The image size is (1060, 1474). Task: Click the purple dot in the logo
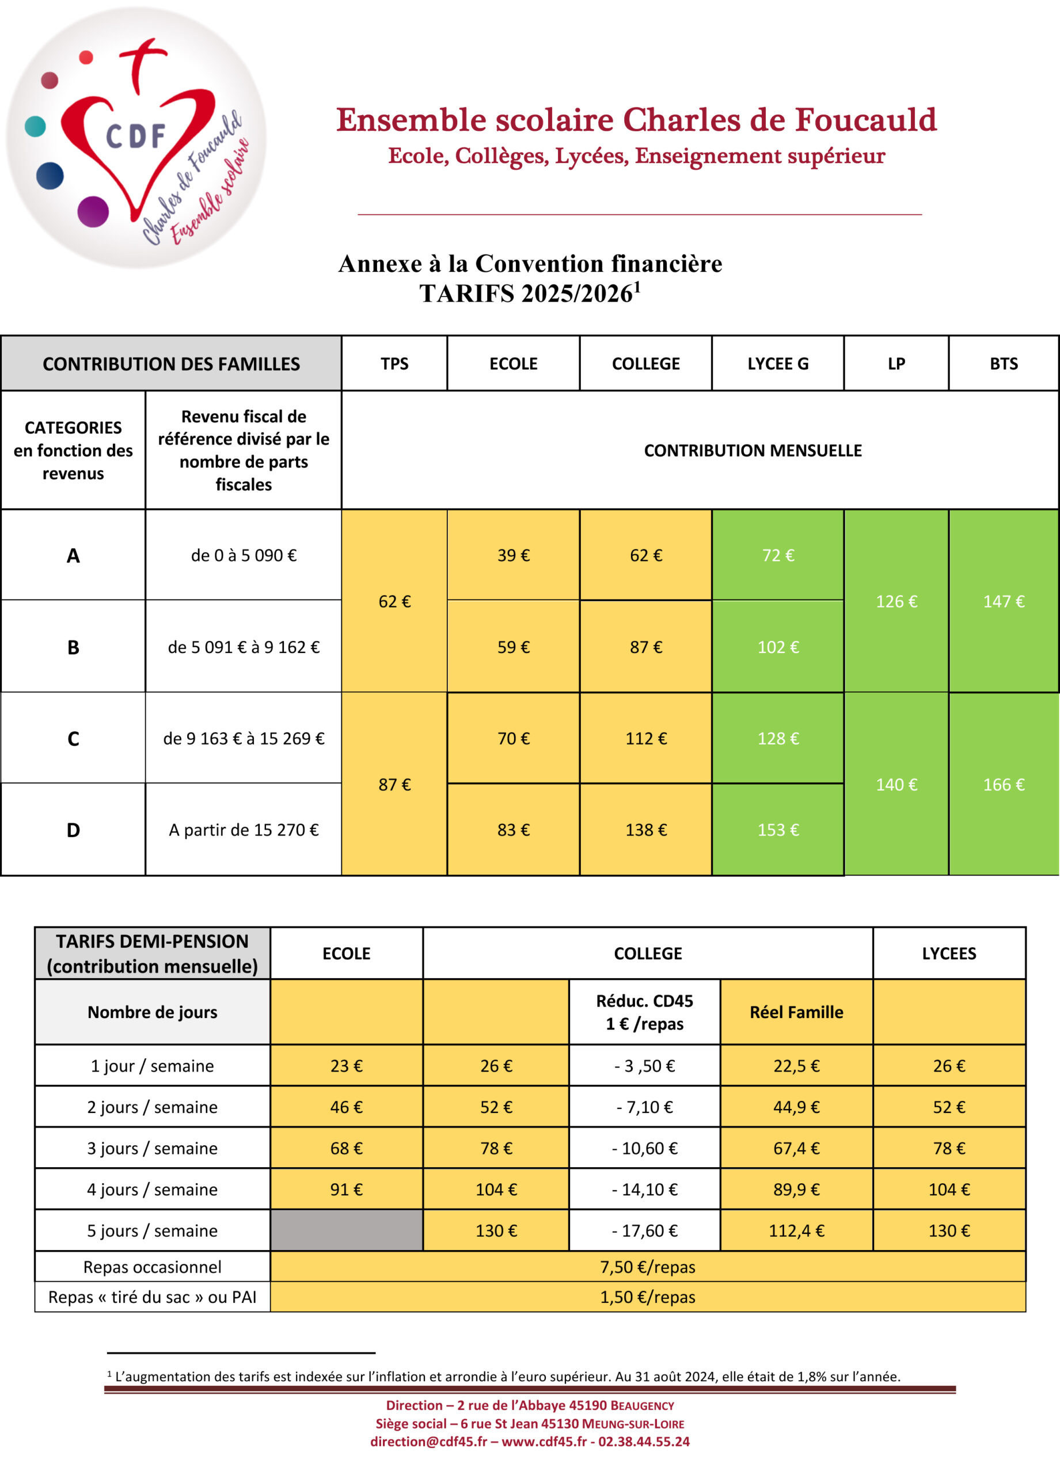click(x=93, y=211)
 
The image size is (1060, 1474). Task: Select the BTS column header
click(x=1004, y=363)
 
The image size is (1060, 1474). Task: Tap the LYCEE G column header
click(x=777, y=363)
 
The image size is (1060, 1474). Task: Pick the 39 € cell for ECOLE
click(x=514, y=555)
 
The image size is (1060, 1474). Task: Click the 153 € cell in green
click(x=778, y=830)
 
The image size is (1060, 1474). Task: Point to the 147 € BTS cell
click(x=1004, y=601)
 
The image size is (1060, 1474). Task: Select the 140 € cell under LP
click(x=896, y=784)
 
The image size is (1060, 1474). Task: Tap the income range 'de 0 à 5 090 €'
click(x=244, y=555)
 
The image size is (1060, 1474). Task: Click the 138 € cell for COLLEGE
click(x=646, y=830)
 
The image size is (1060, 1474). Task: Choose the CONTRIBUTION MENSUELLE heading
click(x=753, y=450)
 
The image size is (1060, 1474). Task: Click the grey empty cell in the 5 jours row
click(x=347, y=1230)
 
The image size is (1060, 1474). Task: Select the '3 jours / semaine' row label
click(x=152, y=1148)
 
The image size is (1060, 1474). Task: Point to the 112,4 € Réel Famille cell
click(x=796, y=1230)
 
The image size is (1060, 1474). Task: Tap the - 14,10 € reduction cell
click(x=645, y=1190)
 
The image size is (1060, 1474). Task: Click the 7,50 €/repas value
click(x=647, y=1267)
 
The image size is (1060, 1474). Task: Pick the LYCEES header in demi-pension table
click(x=949, y=953)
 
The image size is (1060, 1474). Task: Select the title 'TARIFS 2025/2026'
click(x=526, y=294)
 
